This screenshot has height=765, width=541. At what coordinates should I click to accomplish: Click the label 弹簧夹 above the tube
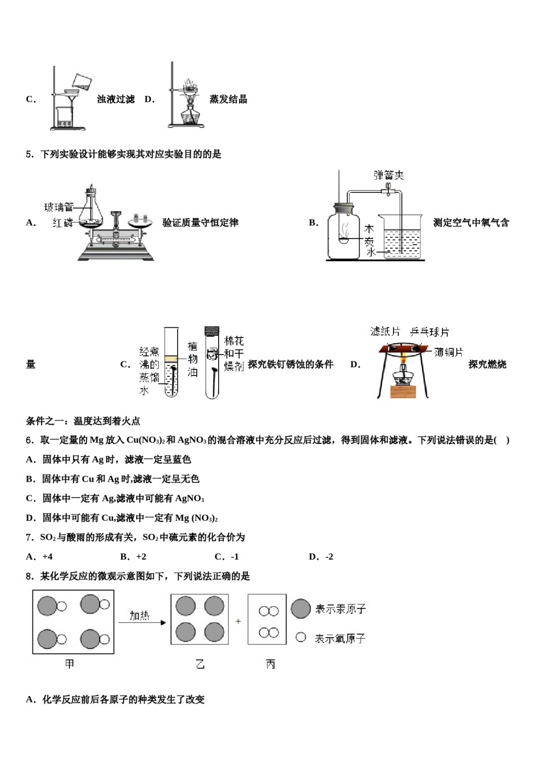click(x=388, y=175)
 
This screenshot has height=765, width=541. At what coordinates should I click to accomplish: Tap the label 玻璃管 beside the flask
click(x=59, y=207)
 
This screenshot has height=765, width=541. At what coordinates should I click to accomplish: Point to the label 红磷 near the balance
click(x=63, y=223)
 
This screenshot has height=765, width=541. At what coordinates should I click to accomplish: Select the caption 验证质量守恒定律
click(x=200, y=223)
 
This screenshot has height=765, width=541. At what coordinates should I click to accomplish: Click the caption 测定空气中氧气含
click(x=471, y=223)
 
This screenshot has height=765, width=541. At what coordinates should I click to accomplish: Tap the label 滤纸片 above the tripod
click(x=385, y=331)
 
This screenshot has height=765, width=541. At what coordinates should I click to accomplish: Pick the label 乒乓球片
click(x=429, y=331)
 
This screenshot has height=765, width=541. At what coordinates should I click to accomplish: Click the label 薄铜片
click(x=448, y=352)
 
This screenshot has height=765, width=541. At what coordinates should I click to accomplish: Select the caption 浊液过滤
click(x=116, y=99)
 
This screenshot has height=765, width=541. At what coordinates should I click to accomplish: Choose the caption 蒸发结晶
click(x=228, y=99)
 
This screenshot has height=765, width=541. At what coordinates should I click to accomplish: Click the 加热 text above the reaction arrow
click(x=139, y=615)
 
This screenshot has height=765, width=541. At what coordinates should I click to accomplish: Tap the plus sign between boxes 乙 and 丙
click(x=238, y=621)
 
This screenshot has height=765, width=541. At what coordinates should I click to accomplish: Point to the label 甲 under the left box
click(x=69, y=664)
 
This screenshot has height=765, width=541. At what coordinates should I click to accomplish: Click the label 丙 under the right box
click(x=270, y=664)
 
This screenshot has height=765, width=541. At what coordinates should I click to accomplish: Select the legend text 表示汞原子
click(x=340, y=609)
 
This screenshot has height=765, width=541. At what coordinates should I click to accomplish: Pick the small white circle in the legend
click(x=301, y=637)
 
